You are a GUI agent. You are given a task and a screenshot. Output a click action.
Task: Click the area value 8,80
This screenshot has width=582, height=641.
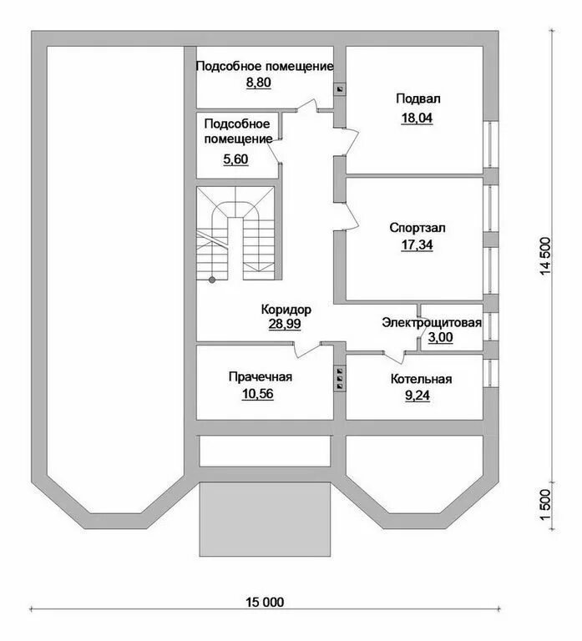point(258,83)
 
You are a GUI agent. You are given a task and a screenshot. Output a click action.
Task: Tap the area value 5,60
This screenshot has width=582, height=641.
point(235,159)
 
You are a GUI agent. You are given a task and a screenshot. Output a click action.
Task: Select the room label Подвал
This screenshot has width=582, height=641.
point(418,99)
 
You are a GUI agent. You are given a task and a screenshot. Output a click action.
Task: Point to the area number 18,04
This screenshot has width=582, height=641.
point(417,118)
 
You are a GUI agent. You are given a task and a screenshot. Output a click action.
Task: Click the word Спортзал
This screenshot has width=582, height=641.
point(418,228)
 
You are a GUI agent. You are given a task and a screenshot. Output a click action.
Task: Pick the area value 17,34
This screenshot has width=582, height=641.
point(417,245)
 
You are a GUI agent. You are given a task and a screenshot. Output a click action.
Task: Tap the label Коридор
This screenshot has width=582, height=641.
point(286,310)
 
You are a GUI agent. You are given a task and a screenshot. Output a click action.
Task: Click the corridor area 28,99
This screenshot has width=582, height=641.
point(285,324)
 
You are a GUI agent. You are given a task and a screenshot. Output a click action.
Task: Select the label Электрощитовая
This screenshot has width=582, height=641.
point(432,322)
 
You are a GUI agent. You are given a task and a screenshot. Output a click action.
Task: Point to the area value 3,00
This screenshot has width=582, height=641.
point(441,337)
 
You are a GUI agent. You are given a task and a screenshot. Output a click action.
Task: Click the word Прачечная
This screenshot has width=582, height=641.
point(261,377)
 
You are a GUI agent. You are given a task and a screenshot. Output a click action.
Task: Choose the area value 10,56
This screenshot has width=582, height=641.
point(258,394)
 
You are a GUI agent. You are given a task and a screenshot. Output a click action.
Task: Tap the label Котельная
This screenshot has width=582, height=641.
point(422,379)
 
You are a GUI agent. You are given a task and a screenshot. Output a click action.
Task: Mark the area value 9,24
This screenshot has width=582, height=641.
point(418,396)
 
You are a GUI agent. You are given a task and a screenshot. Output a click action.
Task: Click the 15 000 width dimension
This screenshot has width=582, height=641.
point(265,602)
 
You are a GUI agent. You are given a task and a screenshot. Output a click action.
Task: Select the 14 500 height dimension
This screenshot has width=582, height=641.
point(546,256)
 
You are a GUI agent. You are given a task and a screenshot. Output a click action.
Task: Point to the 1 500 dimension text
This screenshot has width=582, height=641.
point(546,505)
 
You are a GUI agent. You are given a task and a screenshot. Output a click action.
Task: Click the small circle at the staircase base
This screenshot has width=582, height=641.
point(212,280)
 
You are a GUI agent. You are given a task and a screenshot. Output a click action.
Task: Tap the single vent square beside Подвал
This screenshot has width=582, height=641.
point(340,89)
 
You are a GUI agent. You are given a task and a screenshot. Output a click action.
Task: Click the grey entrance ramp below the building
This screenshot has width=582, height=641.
point(265,519)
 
